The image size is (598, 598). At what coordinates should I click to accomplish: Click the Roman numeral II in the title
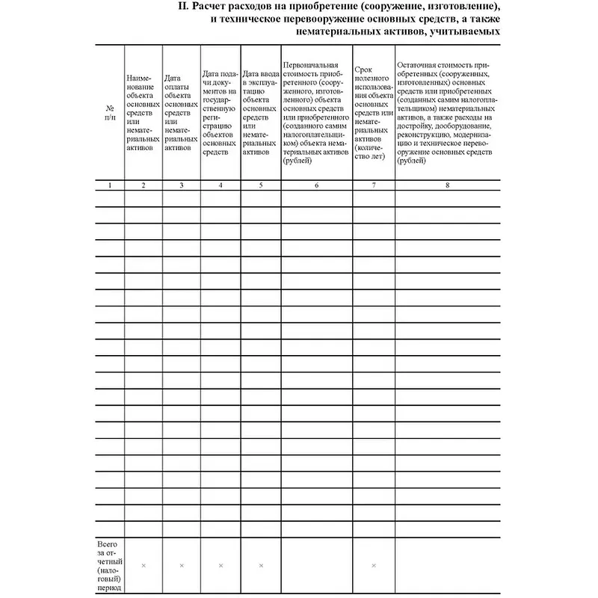click(183, 7)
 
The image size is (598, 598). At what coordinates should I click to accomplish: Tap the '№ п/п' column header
click(110, 112)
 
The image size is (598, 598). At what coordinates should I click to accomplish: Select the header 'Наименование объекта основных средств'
click(143, 112)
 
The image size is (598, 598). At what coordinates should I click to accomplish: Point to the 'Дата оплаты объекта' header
click(182, 112)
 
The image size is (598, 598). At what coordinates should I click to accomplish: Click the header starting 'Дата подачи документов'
click(221, 112)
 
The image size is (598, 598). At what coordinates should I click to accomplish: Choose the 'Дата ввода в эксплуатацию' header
click(260, 112)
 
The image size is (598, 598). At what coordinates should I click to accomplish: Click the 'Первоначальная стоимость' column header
click(317, 112)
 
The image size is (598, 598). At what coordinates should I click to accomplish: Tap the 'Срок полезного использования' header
click(374, 112)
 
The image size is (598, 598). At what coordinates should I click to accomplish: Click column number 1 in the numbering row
click(110, 184)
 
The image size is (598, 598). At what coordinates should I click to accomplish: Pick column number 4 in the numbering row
click(221, 184)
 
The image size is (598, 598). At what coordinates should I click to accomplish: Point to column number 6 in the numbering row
click(317, 184)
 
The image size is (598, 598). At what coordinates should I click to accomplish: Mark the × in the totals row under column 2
click(144, 565)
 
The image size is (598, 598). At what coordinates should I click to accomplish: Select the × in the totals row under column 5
click(260, 565)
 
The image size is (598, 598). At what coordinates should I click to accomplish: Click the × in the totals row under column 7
click(374, 565)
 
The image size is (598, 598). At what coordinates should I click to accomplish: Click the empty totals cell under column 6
click(317, 565)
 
